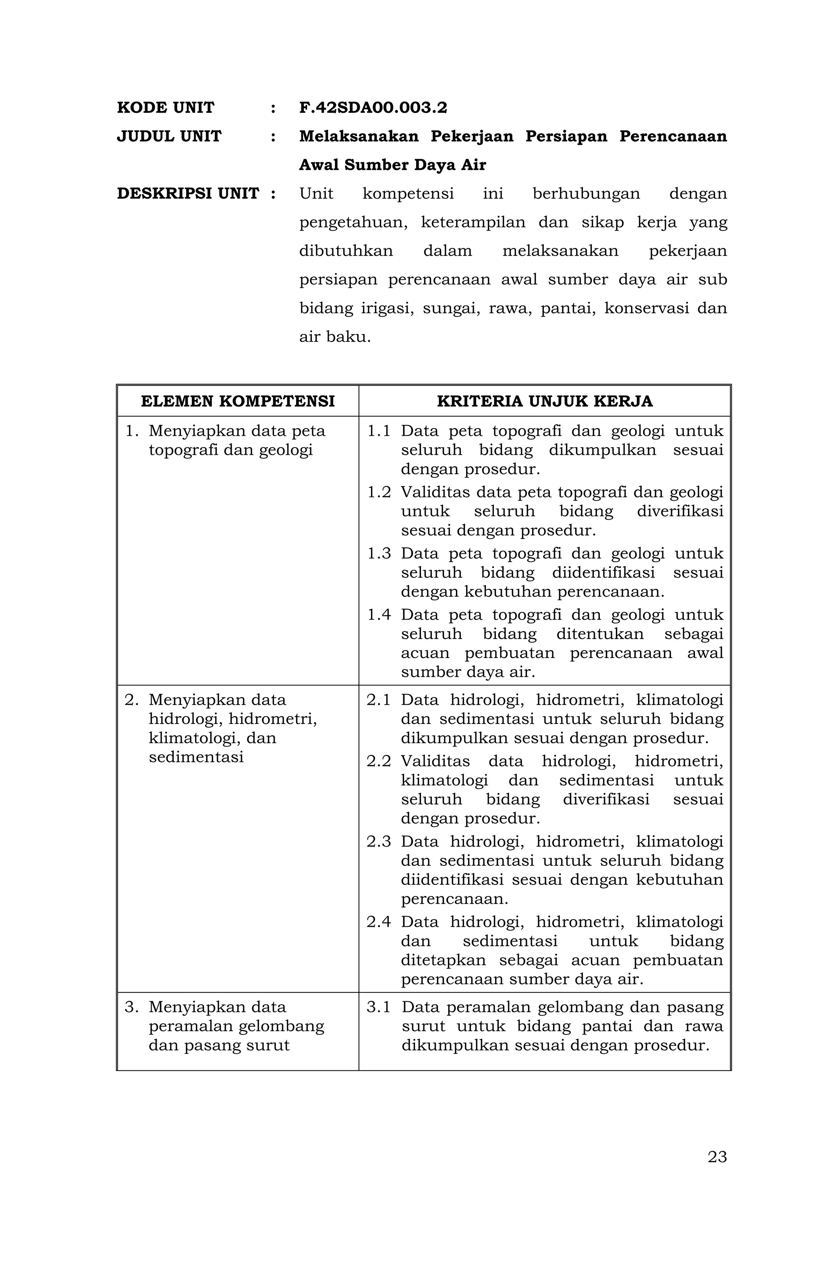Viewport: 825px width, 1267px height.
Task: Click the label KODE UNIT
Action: tap(166, 108)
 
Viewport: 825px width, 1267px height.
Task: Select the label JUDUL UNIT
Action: tap(169, 136)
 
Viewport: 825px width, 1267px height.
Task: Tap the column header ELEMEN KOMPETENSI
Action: tap(238, 401)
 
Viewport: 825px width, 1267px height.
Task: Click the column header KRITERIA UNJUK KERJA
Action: tap(544, 401)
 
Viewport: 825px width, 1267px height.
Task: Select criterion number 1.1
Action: tap(379, 431)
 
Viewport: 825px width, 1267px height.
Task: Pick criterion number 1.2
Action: tap(379, 492)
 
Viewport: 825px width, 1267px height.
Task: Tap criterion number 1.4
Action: tap(379, 614)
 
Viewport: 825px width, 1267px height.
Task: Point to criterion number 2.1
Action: tap(378, 699)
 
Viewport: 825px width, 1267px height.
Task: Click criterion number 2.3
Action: tap(378, 841)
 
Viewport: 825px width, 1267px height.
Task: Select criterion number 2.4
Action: tap(378, 922)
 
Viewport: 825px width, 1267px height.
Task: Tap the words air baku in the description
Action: tap(334, 337)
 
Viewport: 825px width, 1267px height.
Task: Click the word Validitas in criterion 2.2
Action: tap(435, 761)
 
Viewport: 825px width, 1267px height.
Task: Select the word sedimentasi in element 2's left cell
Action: tap(196, 757)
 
